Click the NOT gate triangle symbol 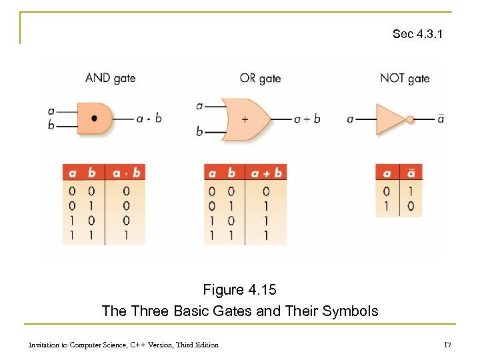point(390,119)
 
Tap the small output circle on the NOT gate point(411,119)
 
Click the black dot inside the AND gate point(94,119)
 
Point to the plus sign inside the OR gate point(245,119)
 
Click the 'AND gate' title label point(110,78)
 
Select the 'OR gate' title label point(260,79)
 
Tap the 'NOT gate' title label point(405,79)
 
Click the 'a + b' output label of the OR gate point(307,119)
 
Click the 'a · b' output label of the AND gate point(149,119)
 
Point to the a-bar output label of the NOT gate point(441,119)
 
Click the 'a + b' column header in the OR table point(266,173)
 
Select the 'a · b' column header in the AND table point(127,173)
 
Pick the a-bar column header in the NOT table point(411,173)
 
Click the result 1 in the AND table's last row point(126,235)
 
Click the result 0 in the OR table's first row point(266,191)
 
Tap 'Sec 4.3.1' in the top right point(417,33)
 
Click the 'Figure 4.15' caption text point(239,290)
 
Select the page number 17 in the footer point(448,345)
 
